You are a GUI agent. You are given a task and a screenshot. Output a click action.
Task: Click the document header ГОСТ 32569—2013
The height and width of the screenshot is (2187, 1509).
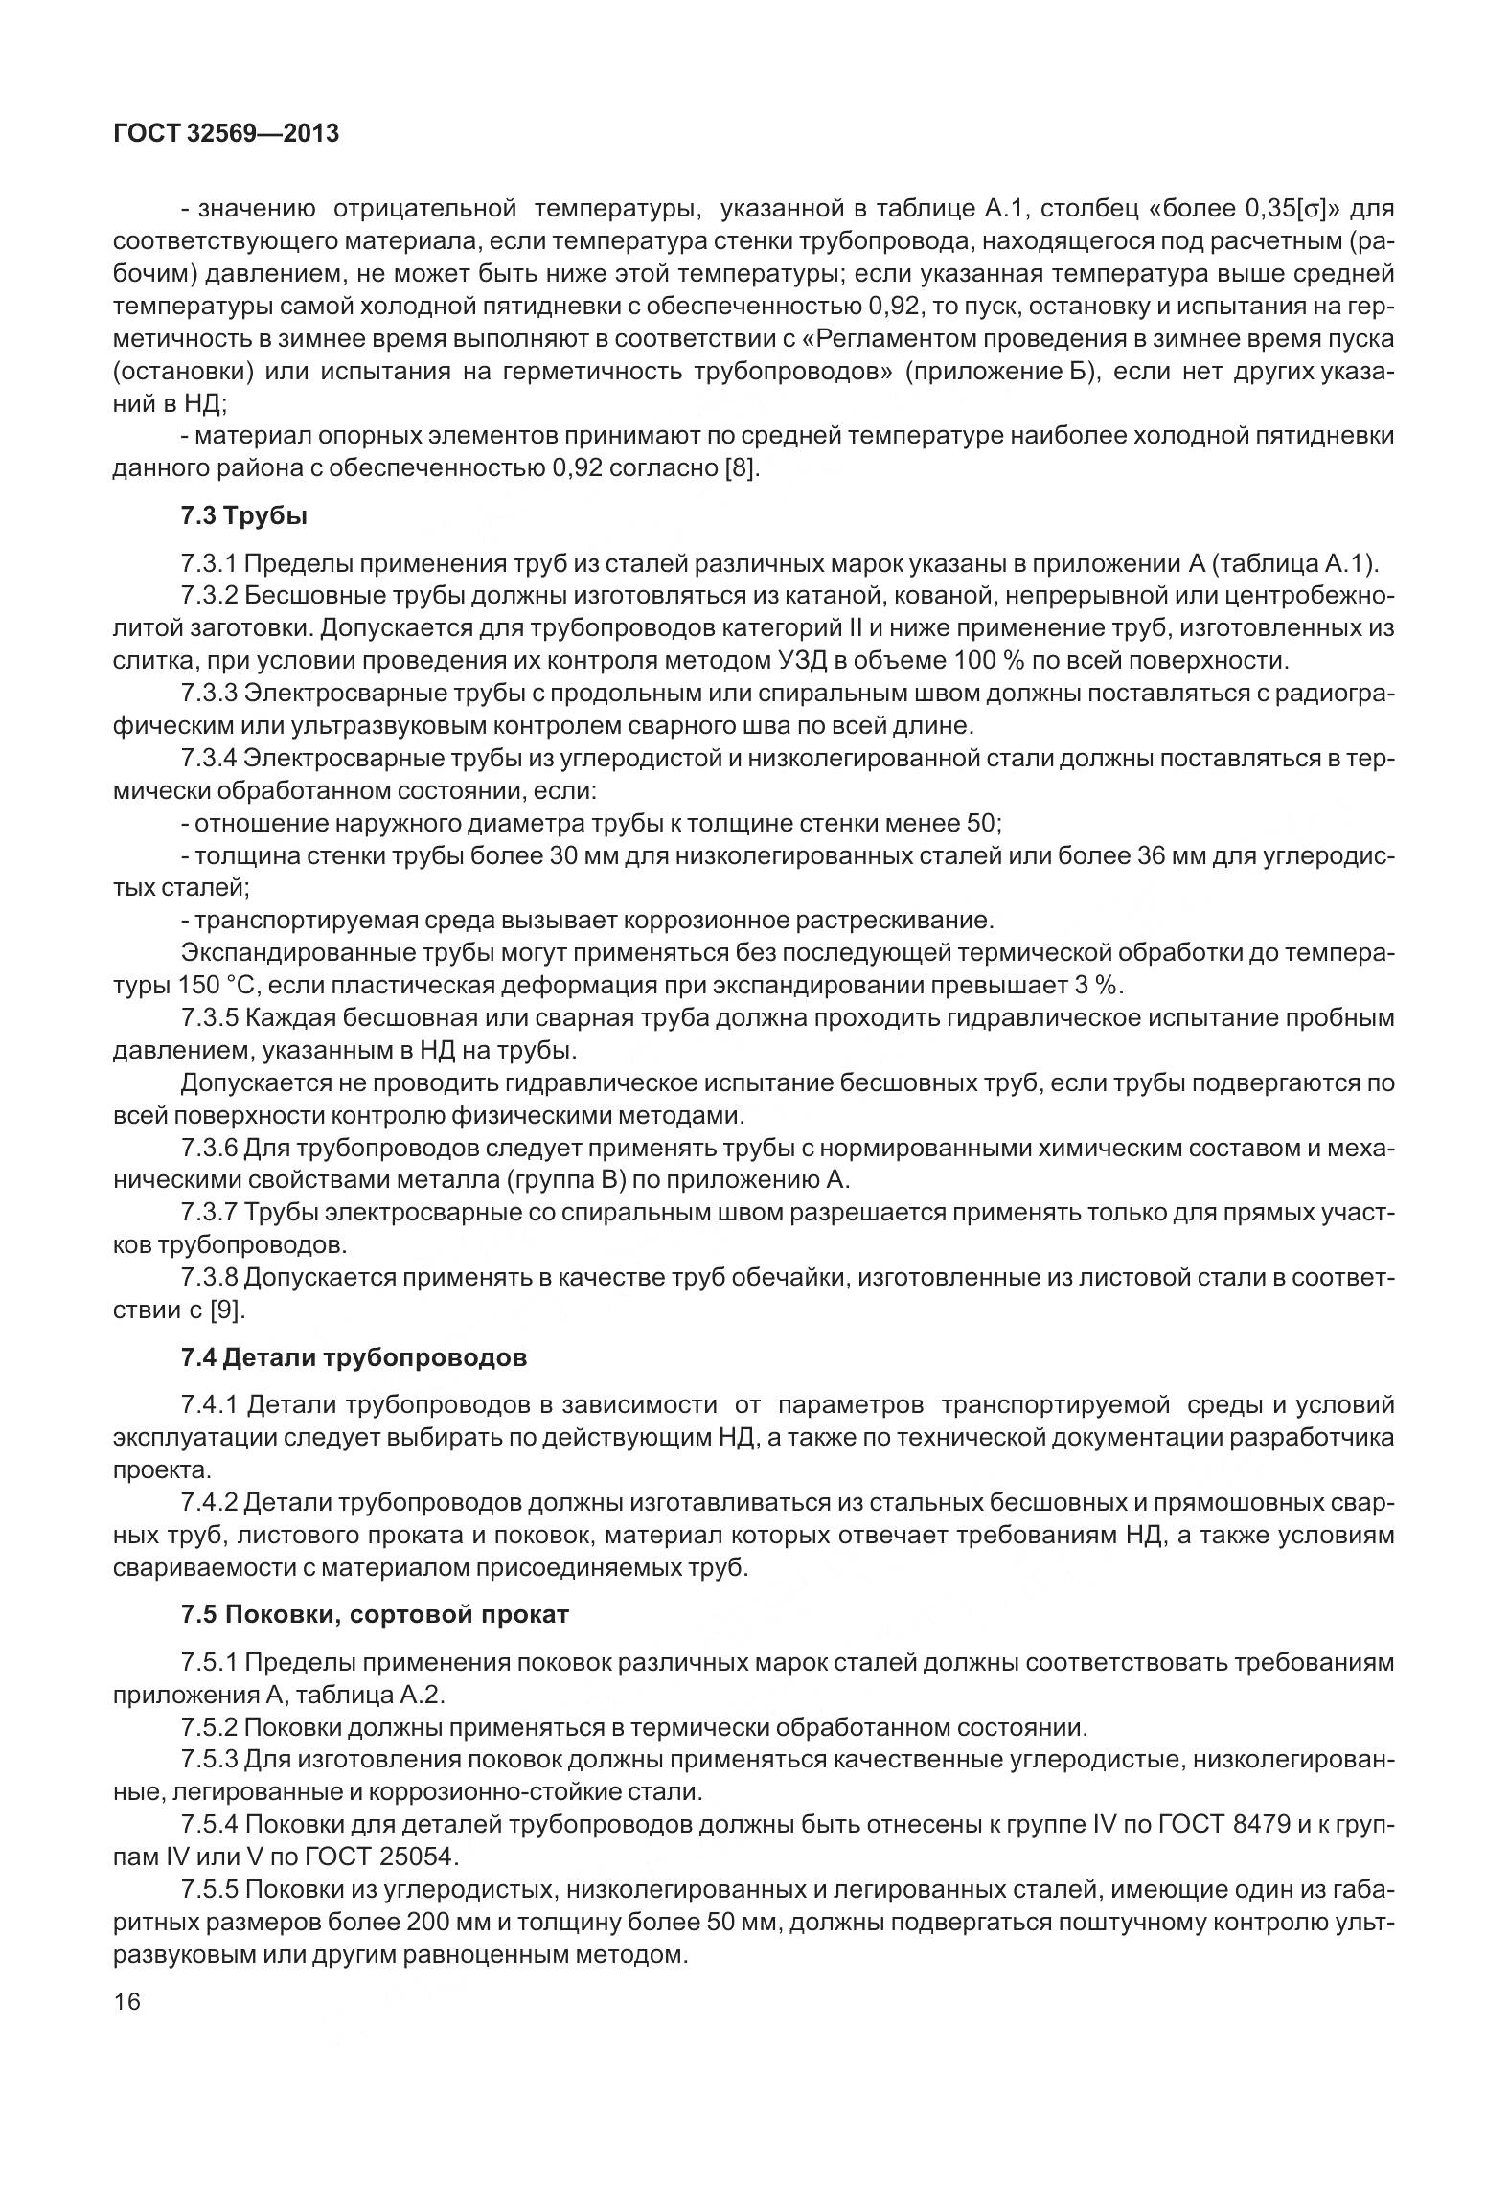click(226, 134)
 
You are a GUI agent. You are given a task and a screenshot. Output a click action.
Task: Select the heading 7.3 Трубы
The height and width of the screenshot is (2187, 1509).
click(244, 516)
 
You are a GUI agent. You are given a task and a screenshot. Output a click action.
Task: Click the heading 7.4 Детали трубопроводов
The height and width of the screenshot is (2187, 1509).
click(354, 1357)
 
